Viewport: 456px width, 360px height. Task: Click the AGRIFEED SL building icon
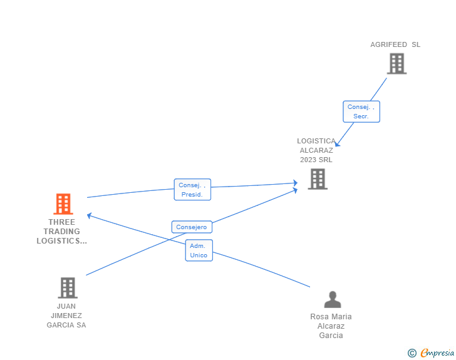(x=396, y=63)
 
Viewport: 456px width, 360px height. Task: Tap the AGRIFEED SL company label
(x=395, y=44)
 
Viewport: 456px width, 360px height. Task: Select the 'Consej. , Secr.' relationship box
(x=361, y=111)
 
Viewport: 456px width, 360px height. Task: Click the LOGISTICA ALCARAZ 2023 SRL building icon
(x=318, y=179)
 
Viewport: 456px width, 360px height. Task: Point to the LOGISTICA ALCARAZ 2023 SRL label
(x=316, y=150)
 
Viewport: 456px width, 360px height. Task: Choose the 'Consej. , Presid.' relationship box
(x=192, y=190)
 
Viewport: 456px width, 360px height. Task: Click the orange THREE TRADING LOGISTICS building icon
(x=63, y=204)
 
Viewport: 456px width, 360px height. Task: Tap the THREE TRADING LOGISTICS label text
(x=62, y=231)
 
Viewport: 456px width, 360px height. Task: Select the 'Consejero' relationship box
(x=192, y=227)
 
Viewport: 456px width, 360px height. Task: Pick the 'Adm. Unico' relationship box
(x=199, y=250)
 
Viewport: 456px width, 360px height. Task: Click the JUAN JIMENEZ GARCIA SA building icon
(x=67, y=287)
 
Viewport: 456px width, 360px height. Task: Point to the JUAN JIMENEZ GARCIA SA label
(x=66, y=316)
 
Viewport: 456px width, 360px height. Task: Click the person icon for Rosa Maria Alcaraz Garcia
(x=333, y=300)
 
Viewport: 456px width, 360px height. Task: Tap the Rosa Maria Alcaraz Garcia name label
(x=331, y=326)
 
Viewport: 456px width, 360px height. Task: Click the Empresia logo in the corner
(x=437, y=353)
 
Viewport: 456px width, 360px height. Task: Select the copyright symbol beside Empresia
(x=412, y=354)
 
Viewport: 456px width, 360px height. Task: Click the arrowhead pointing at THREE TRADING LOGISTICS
(x=90, y=215)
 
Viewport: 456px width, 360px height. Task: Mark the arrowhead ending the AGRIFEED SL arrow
(x=337, y=144)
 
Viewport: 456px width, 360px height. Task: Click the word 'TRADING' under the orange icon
(x=62, y=231)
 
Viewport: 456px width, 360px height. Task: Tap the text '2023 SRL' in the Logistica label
(x=316, y=160)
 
